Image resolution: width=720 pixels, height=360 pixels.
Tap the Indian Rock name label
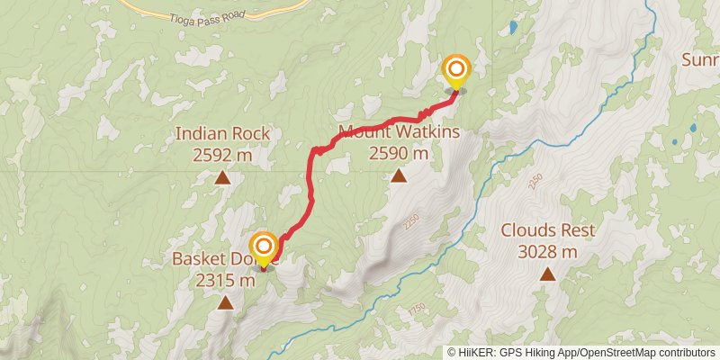click(x=222, y=134)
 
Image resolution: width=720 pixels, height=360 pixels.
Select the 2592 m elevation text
click(x=222, y=154)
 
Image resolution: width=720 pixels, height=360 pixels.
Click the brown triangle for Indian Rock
click(x=222, y=178)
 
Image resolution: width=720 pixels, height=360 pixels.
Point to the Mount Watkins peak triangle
click(x=398, y=175)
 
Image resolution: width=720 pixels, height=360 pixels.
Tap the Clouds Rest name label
click(x=548, y=230)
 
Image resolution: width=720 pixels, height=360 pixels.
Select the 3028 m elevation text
click(x=548, y=251)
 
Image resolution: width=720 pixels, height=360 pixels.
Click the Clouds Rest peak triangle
click(x=546, y=273)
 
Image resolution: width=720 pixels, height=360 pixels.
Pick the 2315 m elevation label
click(x=224, y=280)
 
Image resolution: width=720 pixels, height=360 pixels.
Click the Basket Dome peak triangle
click(x=224, y=303)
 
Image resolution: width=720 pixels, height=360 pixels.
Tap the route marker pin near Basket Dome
click(x=263, y=249)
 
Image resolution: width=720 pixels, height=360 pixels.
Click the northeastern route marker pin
click(x=456, y=71)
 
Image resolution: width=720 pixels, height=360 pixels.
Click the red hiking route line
click(x=311, y=189)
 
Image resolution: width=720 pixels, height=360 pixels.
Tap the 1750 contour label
click(x=416, y=309)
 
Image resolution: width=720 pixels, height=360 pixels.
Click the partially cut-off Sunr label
click(x=699, y=60)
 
